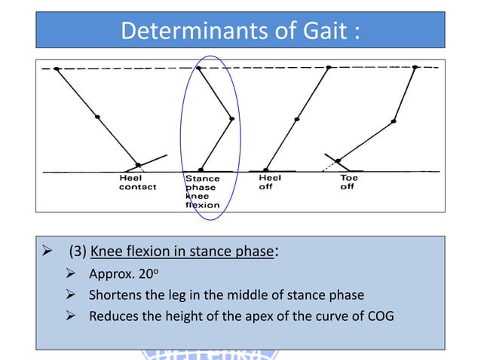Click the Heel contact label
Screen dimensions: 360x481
click(x=137, y=182)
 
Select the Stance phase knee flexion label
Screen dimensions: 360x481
click(x=202, y=191)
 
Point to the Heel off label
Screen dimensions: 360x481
click(x=270, y=182)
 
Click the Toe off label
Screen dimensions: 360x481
click(x=348, y=182)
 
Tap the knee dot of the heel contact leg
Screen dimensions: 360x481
click(x=97, y=116)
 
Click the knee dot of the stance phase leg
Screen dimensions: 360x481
click(x=231, y=118)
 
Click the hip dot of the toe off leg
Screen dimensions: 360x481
click(x=415, y=68)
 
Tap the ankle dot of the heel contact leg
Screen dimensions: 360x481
click(x=138, y=165)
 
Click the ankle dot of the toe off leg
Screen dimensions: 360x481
click(x=339, y=160)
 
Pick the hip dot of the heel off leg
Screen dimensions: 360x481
click(x=329, y=68)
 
